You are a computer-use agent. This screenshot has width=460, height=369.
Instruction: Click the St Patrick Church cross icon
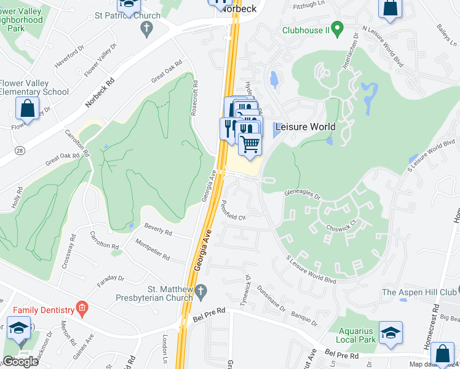[146, 27]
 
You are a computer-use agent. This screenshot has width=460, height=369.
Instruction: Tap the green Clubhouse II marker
[336, 28]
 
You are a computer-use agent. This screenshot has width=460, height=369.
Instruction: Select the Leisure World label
[305, 127]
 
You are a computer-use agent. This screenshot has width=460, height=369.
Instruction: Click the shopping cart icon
[250, 145]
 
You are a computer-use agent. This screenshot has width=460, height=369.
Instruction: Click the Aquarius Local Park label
[355, 335]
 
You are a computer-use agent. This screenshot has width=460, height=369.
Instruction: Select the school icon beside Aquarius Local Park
[391, 333]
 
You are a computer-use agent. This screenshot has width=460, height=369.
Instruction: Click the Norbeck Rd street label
[100, 92]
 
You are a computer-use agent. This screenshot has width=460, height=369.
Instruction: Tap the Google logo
[20, 362]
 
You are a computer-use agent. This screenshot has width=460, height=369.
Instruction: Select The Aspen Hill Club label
[420, 292]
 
